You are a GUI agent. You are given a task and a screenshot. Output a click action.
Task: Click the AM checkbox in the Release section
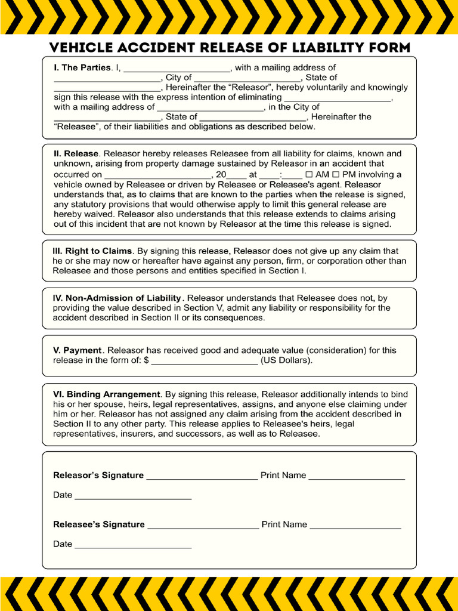coord(308,175)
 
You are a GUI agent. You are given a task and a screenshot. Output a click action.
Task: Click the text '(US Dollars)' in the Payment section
coord(286,360)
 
